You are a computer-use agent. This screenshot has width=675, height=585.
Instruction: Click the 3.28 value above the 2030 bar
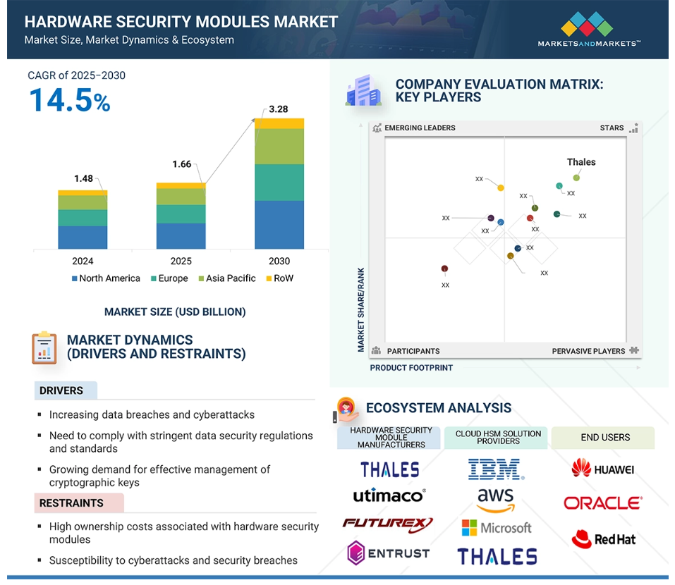click(278, 109)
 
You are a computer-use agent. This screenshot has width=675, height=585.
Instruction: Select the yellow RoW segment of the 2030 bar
click(279, 123)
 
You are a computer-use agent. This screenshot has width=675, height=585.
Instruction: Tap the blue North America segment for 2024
click(83, 238)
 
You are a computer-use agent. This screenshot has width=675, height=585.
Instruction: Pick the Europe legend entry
click(169, 278)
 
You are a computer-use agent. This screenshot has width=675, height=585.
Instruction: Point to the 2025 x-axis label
click(181, 261)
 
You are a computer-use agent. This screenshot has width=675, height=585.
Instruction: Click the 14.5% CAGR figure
click(70, 100)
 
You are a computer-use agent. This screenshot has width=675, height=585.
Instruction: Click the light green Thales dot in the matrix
click(576, 178)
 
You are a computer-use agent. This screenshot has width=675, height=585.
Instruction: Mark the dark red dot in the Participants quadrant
click(444, 269)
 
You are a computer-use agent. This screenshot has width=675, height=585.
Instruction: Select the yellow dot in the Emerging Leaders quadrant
click(501, 187)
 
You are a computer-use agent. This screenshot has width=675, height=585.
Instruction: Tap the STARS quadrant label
click(612, 128)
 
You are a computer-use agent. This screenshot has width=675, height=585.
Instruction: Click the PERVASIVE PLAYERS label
click(588, 351)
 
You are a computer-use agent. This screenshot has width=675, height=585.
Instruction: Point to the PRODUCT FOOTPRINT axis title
click(411, 368)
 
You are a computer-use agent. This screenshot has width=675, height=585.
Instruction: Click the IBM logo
click(496, 469)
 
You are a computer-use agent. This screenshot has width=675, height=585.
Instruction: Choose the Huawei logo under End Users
click(602, 469)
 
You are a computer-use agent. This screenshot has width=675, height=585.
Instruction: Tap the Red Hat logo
click(604, 539)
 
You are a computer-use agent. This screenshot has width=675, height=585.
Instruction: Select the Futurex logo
click(387, 524)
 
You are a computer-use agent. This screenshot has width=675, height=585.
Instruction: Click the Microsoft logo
click(497, 528)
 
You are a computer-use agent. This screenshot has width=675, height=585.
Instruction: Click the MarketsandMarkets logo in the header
click(588, 30)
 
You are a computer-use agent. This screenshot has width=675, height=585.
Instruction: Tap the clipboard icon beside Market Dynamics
click(44, 347)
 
